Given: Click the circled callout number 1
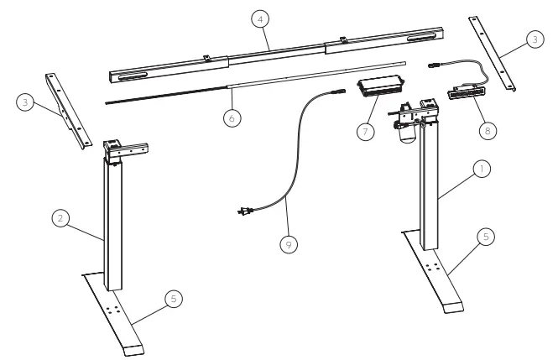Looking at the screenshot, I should click(481, 169).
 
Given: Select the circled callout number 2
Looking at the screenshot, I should click(60, 219).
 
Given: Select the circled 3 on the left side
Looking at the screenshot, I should click(26, 103).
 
